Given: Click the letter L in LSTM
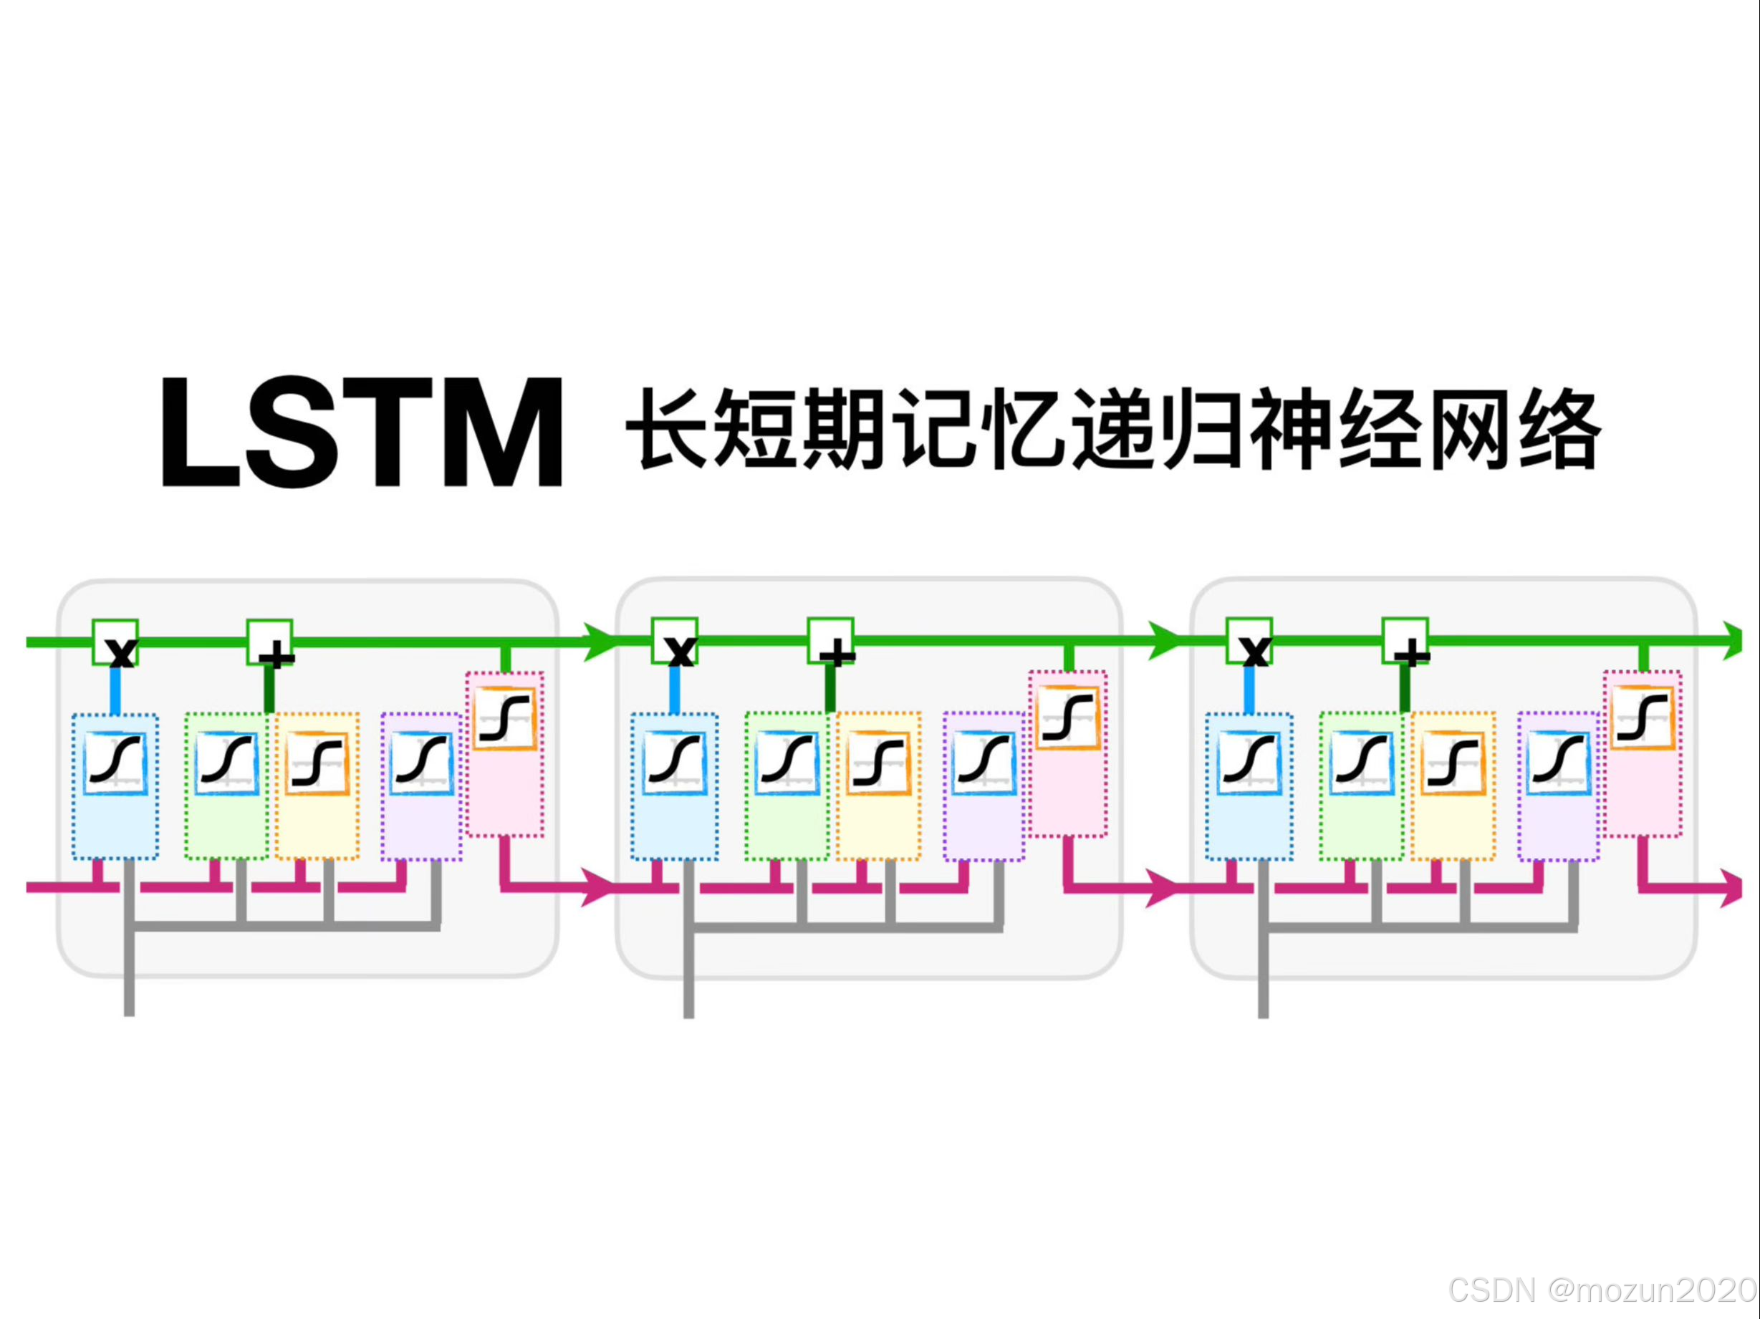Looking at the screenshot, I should [199, 433].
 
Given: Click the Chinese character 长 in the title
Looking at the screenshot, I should [667, 430].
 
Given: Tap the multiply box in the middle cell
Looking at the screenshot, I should [675, 640].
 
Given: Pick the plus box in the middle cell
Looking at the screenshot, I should [831, 640].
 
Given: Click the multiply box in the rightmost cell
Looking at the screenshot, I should [1249, 640].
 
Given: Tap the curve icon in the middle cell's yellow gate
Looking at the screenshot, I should [878, 763].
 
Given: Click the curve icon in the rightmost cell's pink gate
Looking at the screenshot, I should [1643, 718].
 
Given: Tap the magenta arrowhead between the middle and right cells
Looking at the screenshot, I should [1161, 887].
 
